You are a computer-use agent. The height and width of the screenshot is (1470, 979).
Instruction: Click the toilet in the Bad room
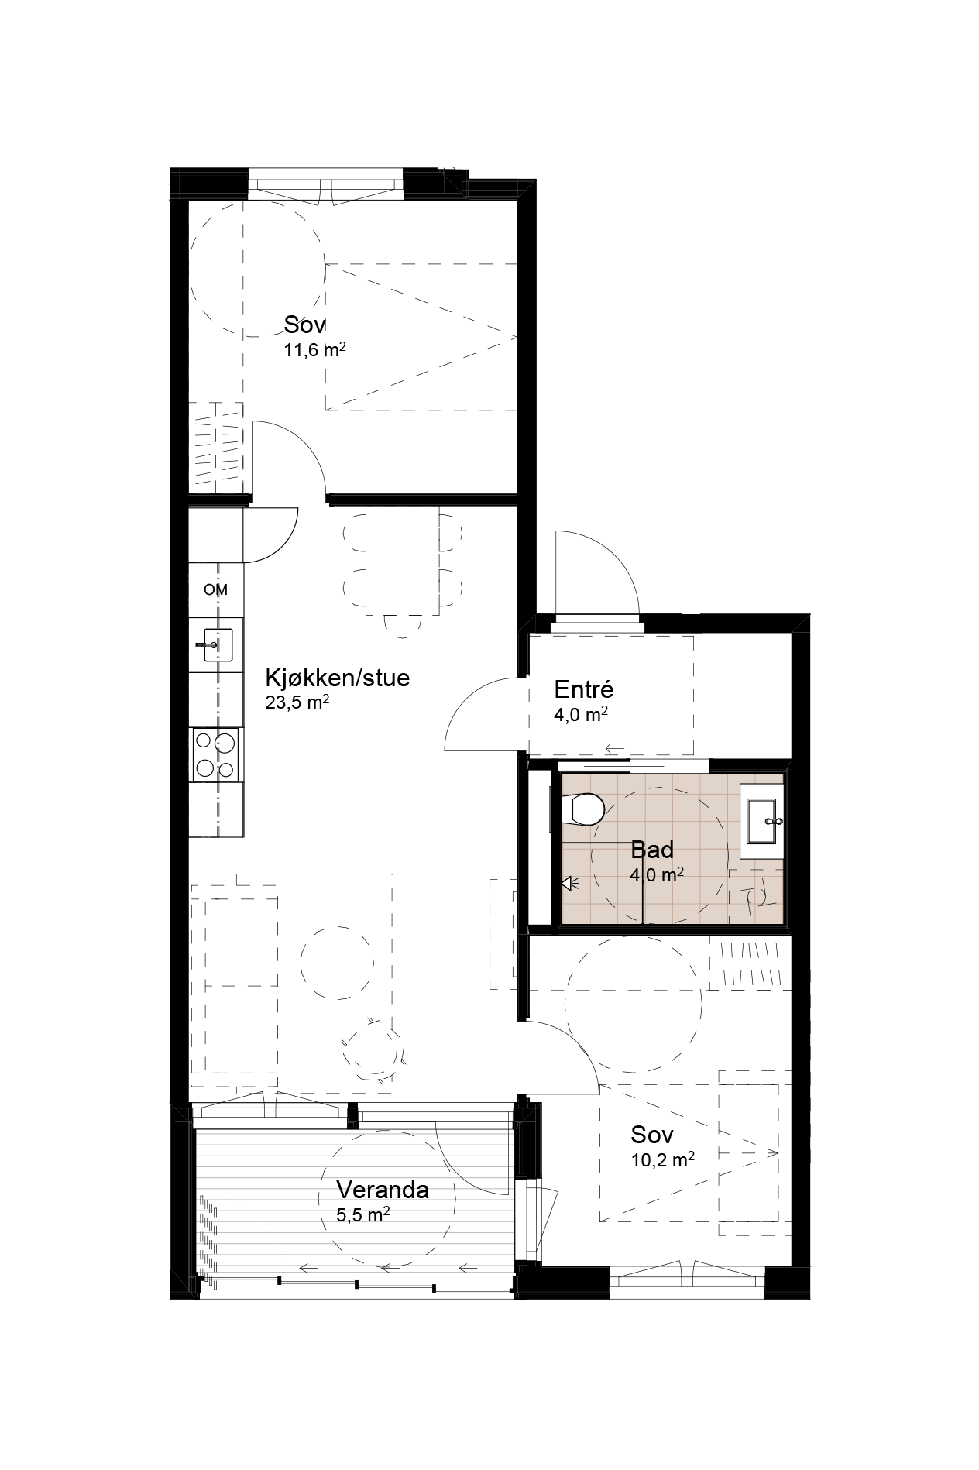[x=583, y=809]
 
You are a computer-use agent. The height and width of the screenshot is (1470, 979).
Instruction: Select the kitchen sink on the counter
[x=214, y=644]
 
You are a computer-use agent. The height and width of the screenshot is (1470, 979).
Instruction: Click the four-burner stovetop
[x=215, y=755]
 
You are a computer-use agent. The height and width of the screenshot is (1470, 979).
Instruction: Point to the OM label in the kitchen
[x=216, y=589]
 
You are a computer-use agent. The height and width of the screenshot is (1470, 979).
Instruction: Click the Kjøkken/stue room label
[x=338, y=678]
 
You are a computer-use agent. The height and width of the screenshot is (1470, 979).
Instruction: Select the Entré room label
[x=584, y=689]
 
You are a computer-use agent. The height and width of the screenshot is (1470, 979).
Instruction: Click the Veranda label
[x=383, y=1190]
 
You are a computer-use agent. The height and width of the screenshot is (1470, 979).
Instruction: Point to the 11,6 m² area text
[x=314, y=349]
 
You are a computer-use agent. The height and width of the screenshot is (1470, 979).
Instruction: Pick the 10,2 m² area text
[x=662, y=1159]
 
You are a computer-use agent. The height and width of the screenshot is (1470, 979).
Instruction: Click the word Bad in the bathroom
[x=652, y=850]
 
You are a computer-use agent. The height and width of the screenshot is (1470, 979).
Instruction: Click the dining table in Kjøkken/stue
[x=402, y=561]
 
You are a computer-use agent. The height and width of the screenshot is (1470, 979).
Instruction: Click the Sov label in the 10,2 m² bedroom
[x=652, y=1135]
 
